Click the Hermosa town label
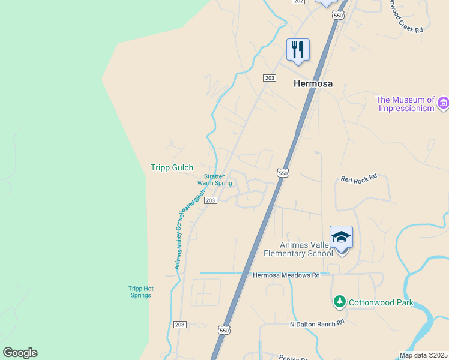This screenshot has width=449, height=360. (313, 84)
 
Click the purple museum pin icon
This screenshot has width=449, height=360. (444, 103)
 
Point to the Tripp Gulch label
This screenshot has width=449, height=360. (172, 168)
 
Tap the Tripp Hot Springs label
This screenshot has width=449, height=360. (140, 292)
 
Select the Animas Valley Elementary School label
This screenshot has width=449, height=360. (298, 249)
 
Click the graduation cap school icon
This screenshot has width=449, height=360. (341, 237)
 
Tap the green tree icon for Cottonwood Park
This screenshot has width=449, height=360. (340, 301)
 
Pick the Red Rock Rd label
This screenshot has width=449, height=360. (358, 178)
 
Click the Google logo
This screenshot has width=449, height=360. (20, 353)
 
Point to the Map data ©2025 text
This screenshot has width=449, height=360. (424, 355)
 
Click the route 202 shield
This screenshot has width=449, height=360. (298, 2)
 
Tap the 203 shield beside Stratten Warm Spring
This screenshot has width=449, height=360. (210, 200)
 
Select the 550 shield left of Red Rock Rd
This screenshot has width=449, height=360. (283, 173)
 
